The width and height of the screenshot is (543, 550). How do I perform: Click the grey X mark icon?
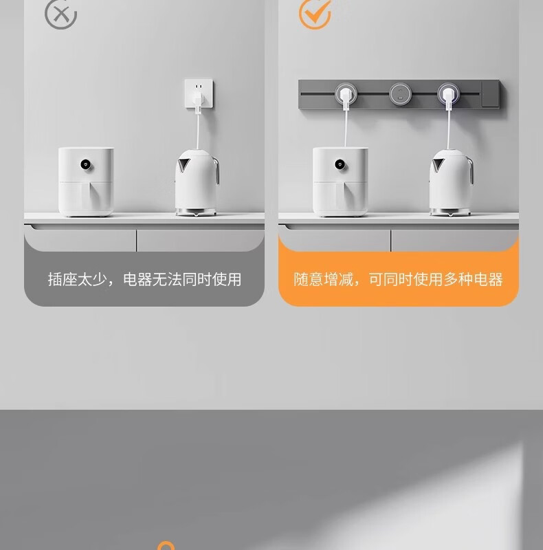(60, 14)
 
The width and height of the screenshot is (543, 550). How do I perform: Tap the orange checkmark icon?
(315, 14)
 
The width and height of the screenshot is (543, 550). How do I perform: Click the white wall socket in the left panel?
(199, 93)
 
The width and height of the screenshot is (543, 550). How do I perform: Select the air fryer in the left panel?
(86, 181)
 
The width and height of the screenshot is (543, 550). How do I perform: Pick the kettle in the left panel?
(197, 182)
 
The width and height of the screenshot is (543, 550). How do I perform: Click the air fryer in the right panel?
(340, 181)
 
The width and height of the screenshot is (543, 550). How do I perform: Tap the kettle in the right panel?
(452, 182)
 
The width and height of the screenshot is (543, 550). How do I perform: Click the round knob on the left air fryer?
(86, 164)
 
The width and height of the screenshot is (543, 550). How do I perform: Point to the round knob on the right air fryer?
(340, 164)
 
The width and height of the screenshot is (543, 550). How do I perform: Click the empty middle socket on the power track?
(400, 94)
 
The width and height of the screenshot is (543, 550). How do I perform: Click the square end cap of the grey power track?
(490, 94)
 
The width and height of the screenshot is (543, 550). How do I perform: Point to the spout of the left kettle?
(183, 164)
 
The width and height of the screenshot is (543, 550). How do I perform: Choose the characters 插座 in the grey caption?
(63, 280)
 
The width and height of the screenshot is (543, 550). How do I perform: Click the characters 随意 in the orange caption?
(309, 280)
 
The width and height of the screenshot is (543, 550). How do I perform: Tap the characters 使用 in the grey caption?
(227, 280)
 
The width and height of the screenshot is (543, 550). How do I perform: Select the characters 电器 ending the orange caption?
(489, 280)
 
